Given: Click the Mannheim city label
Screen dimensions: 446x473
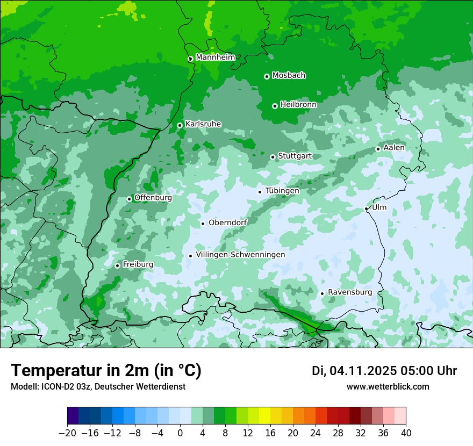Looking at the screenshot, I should click(x=215, y=57).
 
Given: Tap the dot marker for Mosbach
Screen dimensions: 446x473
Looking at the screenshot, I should click(x=267, y=76).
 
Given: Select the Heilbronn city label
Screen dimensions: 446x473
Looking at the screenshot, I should click(x=298, y=104).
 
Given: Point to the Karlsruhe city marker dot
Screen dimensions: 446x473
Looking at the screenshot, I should click(x=180, y=125).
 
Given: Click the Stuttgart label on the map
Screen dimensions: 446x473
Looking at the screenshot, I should click(x=295, y=156).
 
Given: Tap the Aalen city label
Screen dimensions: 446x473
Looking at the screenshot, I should click(x=394, y=147).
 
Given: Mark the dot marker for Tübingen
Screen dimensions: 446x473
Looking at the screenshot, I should click(x=260, y=192).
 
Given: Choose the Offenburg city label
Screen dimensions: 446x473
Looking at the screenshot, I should click(x=153, y=197).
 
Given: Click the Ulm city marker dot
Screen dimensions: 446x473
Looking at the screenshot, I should click(x=366, y=208).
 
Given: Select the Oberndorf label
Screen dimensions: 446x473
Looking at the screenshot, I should click(x=228, y=222).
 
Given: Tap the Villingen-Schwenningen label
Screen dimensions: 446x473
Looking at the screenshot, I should click(x=240, y=254).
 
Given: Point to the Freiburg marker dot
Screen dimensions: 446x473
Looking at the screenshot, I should click(x=117, y=265).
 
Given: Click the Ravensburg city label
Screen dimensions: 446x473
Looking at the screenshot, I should click(x=350, y=292).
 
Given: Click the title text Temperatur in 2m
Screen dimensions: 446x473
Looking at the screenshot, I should click(x=106, y=370).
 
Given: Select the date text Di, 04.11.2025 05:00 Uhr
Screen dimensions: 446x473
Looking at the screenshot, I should click(x=384, y=371).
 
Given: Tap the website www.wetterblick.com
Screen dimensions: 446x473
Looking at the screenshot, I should click(x=388, y=386).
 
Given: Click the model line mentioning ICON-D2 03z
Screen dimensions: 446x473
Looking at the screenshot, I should click(x=98, y=386).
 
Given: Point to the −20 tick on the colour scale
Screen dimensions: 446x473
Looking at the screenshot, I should click(x=68, y=433).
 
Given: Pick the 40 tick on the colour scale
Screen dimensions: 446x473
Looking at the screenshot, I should click(x=406, y=433).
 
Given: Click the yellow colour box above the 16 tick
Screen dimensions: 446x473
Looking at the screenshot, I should click(x=264, y=416).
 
